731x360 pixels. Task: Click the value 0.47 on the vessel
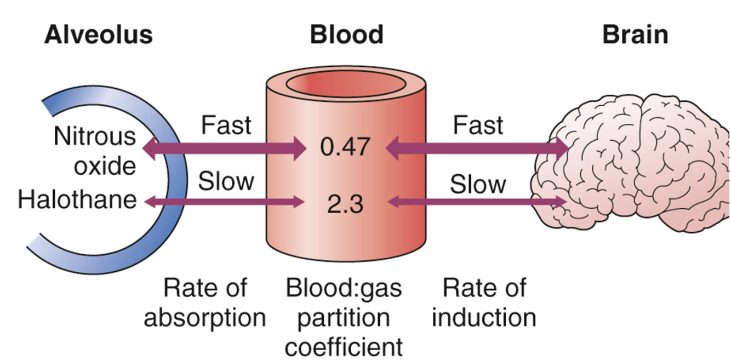coord(346,147)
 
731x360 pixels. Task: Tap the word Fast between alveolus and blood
coord(226,125)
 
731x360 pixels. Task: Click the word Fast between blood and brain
coord(478,125)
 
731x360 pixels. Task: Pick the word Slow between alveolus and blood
coord(226,181)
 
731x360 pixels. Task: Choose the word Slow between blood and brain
coord(478,185)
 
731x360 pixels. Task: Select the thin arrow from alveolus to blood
coord(225,202)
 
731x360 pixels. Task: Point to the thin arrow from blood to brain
coord(477,202)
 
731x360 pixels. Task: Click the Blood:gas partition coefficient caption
coord(344,318)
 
